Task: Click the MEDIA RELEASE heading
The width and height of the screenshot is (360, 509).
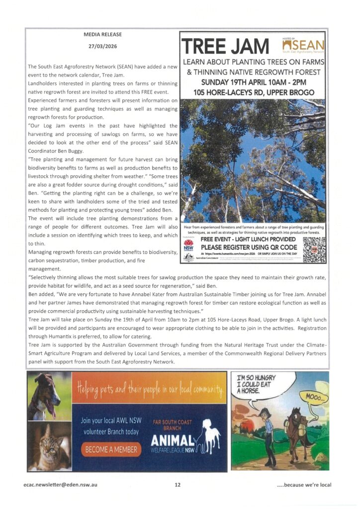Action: pos(102,34)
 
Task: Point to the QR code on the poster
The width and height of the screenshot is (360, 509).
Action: pos(314,250)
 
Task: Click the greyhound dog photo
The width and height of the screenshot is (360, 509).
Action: pos(49,396)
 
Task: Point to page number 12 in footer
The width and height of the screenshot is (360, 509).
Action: pos(178,485)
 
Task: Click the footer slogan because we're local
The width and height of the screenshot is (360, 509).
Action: pos(303,485)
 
